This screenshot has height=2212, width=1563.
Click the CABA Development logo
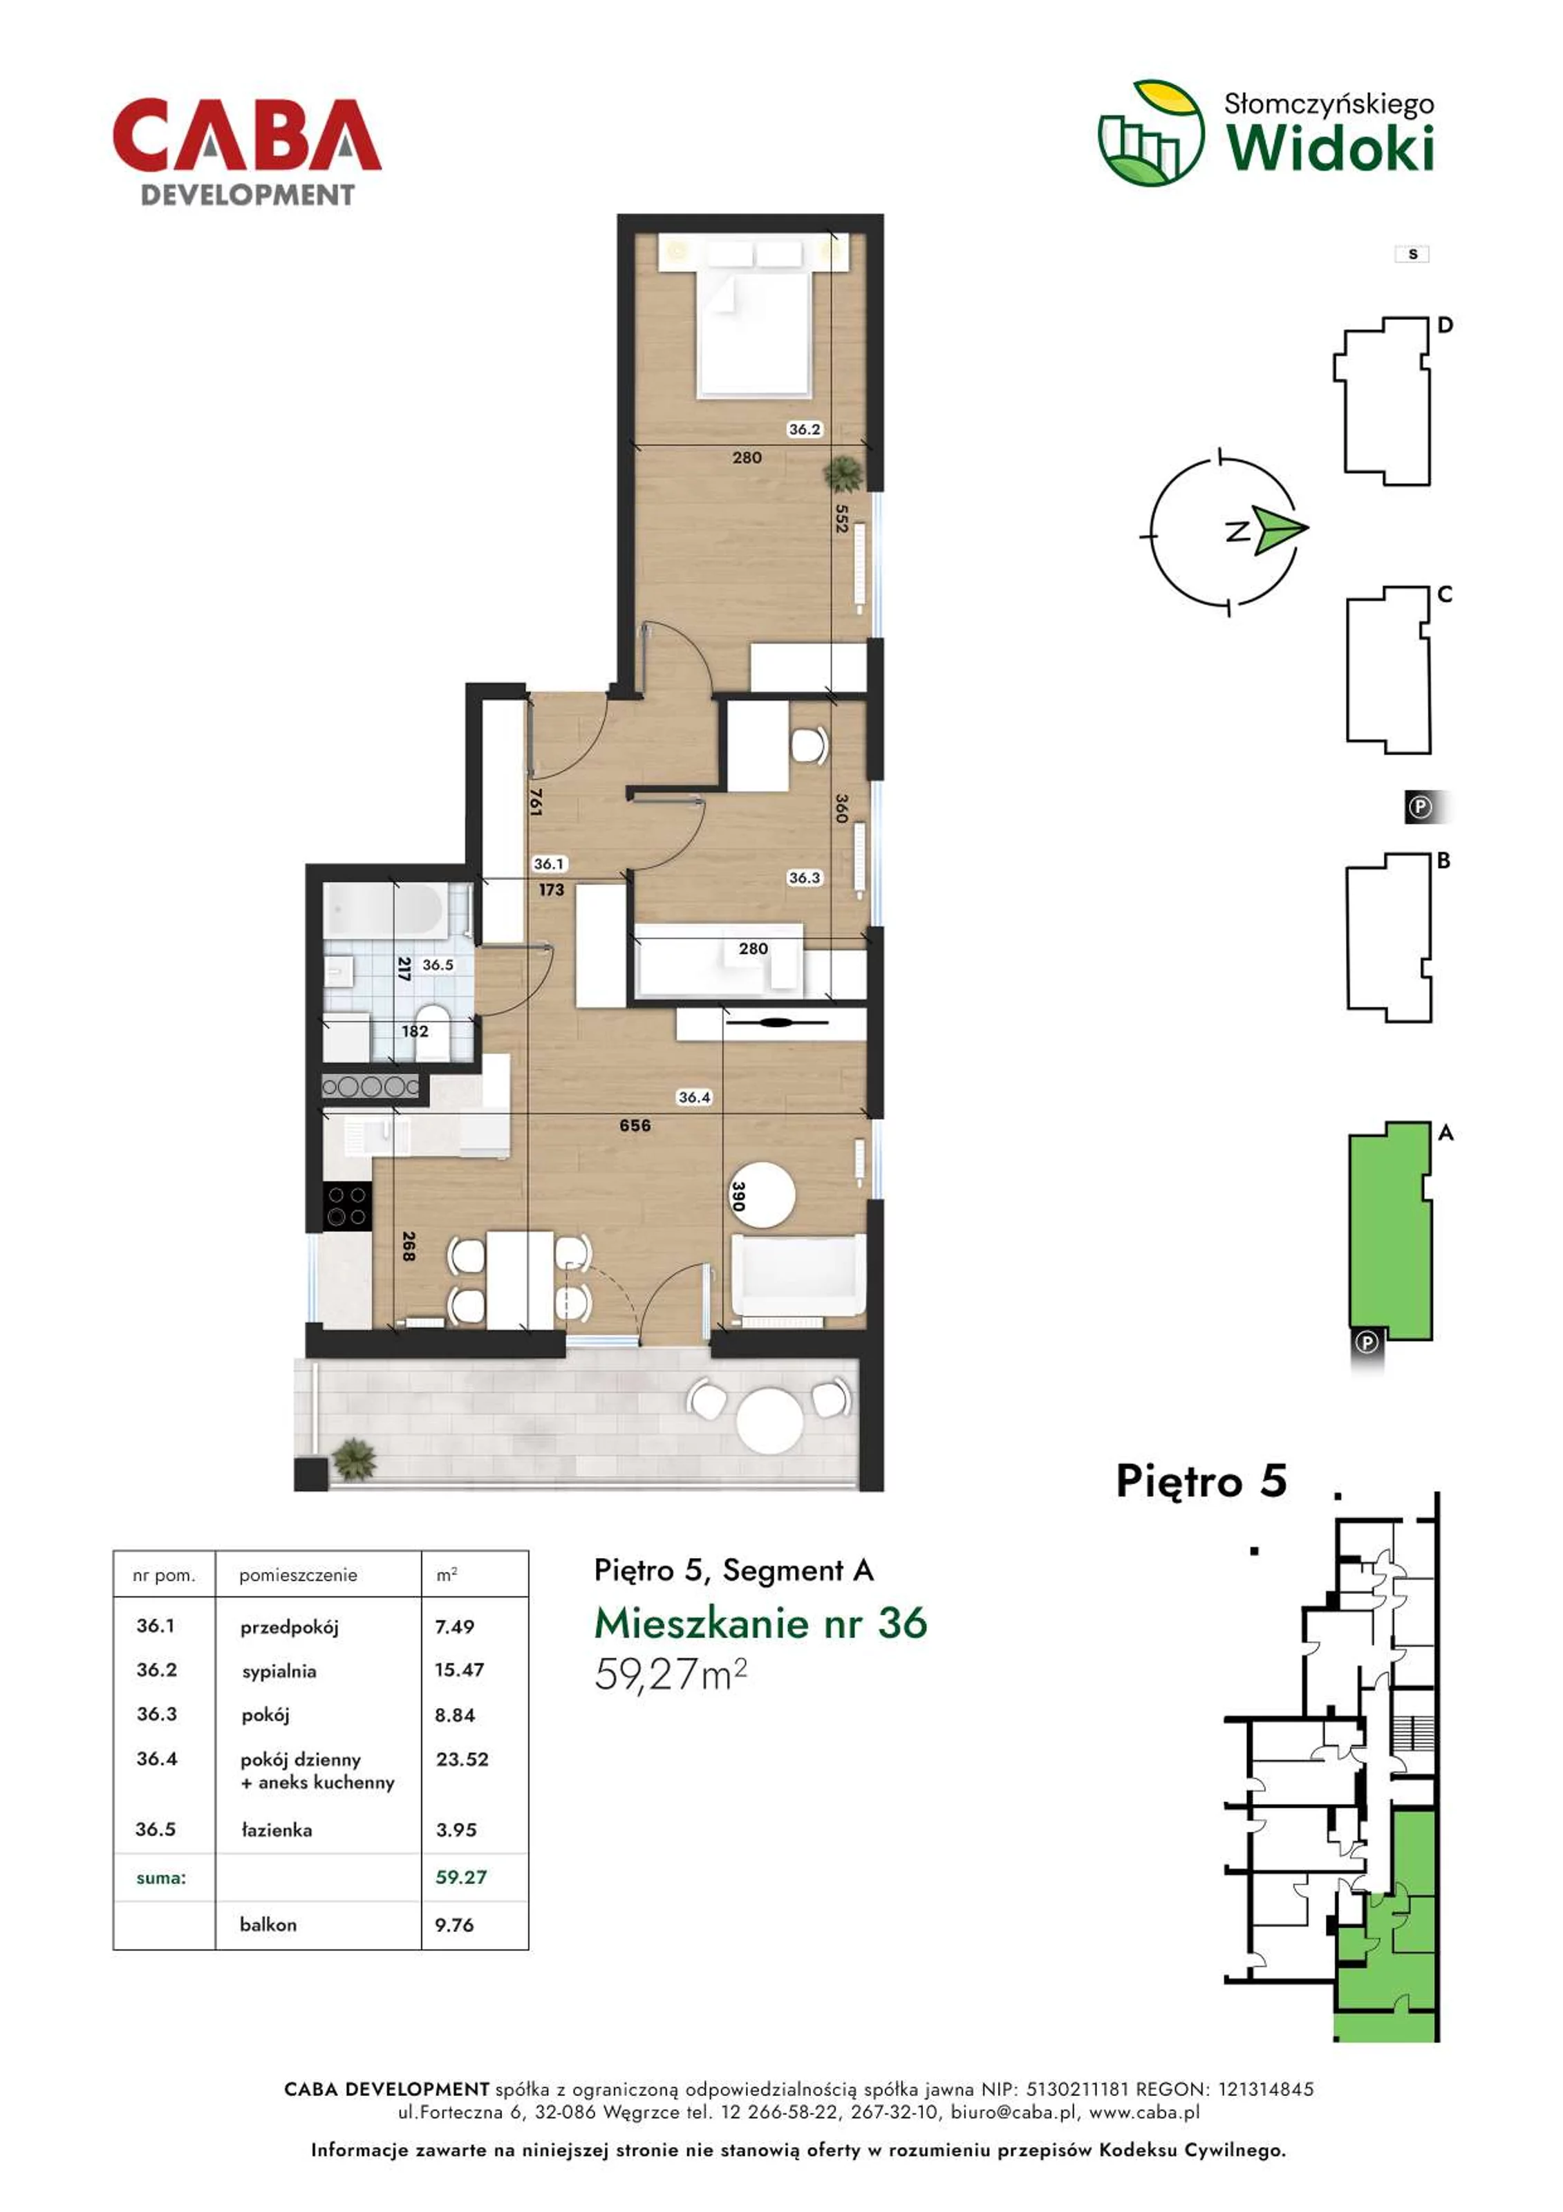[247, 152]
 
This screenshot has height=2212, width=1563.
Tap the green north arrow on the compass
[1280, 530]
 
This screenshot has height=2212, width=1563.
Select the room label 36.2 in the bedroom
[804, 430]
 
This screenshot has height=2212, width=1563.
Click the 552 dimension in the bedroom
[841, 519]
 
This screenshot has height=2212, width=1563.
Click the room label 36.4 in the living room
[694, 1096]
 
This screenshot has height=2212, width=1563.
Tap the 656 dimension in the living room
[635, 1125]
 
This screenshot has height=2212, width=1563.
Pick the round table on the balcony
[768, 1419]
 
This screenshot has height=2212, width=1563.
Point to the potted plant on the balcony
[355, 1459]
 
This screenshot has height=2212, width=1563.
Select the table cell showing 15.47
[459, 1669]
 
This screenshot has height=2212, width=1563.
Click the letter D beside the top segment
[1445, 326]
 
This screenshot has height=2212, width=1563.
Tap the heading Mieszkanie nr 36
[760, 1623]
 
